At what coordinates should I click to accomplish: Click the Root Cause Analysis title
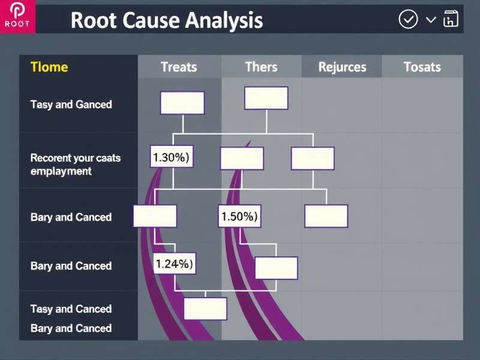point(166,20)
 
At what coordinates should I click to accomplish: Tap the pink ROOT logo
point(18,17)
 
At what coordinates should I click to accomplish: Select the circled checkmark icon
point(408,19)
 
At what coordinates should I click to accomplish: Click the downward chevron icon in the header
point(431,20)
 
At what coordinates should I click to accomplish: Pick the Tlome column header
point(49,67)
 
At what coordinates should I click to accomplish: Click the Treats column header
point(179,67)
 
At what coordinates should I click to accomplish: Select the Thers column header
point(261,67)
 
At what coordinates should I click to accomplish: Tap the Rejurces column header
point(342,67)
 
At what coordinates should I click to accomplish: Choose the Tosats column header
point(422,67)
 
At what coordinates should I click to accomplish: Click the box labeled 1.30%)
point(171,158)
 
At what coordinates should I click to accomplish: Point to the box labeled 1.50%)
point(239,217)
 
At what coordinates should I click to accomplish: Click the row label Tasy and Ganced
point(71,104)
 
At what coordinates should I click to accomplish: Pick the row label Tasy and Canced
point(71,309)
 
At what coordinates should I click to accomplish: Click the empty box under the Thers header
point(266,98)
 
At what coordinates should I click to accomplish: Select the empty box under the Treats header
point(182,103)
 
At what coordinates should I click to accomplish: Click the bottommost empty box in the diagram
point(205,308)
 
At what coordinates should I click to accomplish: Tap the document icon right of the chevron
point(450,20)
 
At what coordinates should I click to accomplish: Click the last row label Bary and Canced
point(71,328)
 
